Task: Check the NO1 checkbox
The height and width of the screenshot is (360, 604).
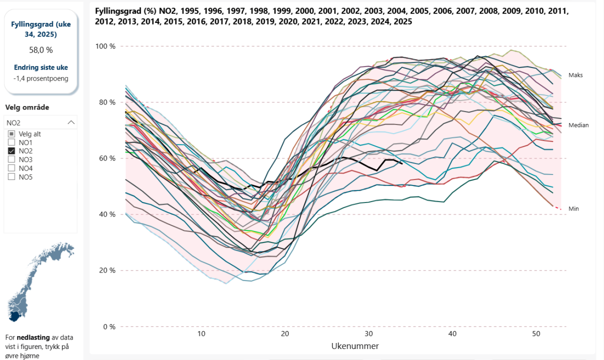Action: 11,142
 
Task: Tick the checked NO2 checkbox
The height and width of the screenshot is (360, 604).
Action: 11,151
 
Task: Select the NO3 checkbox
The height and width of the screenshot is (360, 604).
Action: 11,159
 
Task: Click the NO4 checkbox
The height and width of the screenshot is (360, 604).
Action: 11,168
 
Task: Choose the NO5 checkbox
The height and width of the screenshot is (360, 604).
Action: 11,176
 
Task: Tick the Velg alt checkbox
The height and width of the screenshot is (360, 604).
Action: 11,134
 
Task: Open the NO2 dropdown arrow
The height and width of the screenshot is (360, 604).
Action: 71,122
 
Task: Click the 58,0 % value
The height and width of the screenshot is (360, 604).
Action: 41,50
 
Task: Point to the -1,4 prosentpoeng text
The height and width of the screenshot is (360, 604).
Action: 41,78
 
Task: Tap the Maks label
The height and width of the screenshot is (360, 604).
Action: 575,75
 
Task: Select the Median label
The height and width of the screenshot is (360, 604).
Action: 578,125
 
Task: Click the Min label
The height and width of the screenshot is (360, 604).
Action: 573,208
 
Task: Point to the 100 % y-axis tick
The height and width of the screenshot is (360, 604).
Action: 105,46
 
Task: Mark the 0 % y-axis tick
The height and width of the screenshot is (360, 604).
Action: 109,327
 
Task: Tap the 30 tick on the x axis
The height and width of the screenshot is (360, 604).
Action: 368,334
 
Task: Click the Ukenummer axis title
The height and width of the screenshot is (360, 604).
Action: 355,346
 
